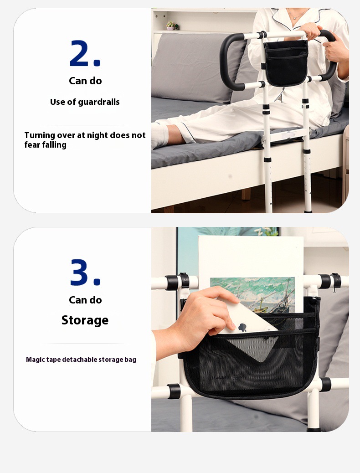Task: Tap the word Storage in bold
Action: coord(85,320)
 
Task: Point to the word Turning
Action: coord(40,135)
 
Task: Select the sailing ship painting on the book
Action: coord(253,294)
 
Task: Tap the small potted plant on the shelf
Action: coord(171,26)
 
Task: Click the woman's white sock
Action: coord(160,134)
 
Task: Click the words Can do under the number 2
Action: coord(85,81)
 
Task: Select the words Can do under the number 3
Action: coord(85,300)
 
